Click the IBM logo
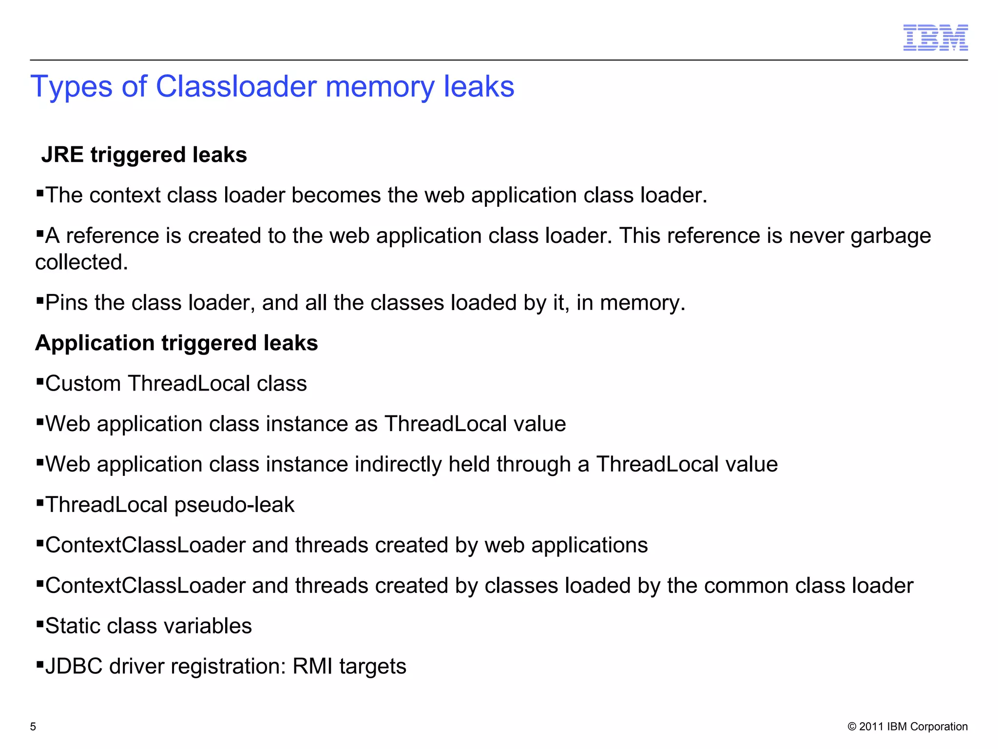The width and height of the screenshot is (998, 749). click(935, 38)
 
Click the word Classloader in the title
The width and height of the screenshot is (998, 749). click(236, 87)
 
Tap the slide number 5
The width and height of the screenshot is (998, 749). click(33, 727)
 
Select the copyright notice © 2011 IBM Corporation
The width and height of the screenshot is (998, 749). click(907, 727)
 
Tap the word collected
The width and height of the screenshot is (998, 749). click(81, 262)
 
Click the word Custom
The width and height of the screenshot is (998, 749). click(83, 384)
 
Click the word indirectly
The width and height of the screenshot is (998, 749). click(398, 464)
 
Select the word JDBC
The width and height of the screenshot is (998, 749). click(74, 667)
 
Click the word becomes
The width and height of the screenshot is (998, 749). click(336, 196)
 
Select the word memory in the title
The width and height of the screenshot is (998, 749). click(381, 87)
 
